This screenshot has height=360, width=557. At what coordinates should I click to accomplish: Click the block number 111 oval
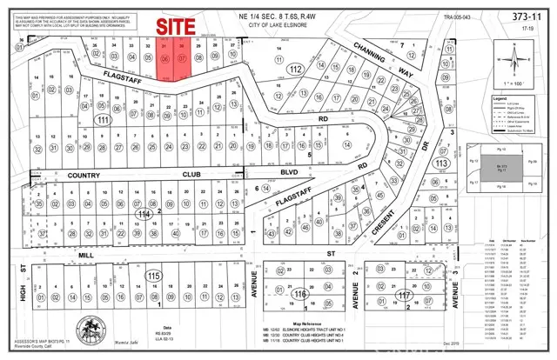point(104,119)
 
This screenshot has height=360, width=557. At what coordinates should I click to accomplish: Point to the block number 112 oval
point(295,69)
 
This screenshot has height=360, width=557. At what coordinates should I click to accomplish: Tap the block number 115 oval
point(154,276)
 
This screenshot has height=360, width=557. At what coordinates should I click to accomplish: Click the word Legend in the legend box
point(502,103)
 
